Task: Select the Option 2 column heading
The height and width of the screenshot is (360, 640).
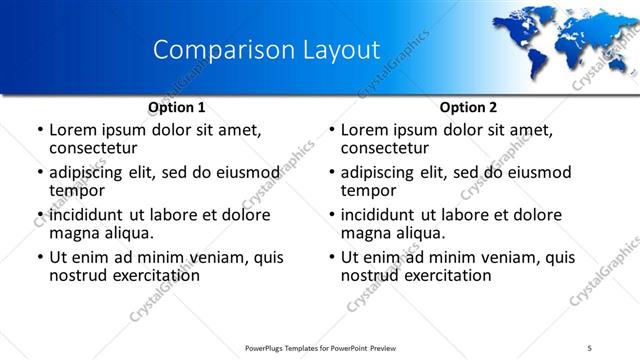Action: (x=469, y=107)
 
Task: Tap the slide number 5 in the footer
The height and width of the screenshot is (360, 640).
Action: (x=590, y=347)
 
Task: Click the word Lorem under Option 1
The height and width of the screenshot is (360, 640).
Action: (x=75, y=130)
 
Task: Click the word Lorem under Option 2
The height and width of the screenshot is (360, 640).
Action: (x=367, y=130)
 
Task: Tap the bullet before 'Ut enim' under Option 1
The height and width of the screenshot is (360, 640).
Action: (x=39, y=258)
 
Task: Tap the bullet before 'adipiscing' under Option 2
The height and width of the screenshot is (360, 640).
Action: (x=331, y=173)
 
